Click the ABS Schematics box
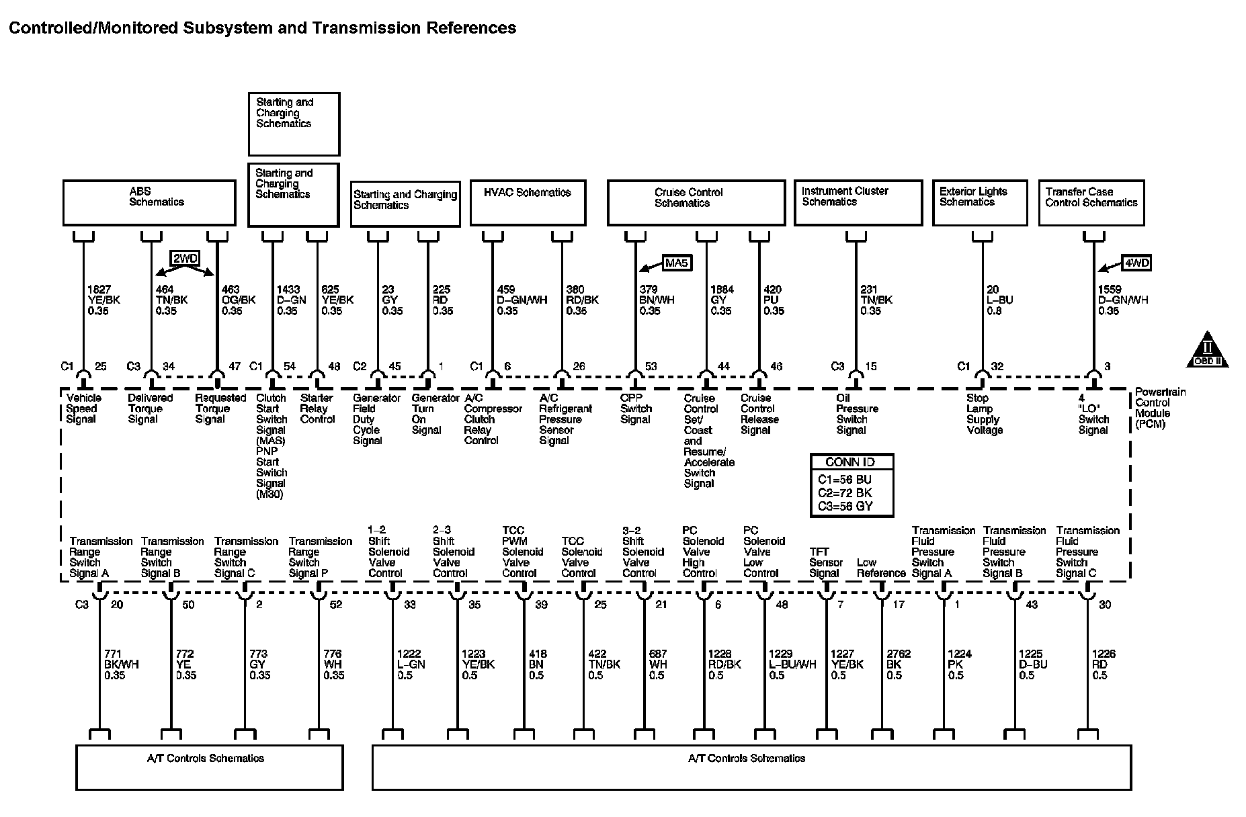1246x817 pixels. coord(149,202)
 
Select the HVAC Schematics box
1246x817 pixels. coord(528,202)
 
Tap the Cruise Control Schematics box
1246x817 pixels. coord(696,202)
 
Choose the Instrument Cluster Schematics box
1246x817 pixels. coord(858,202)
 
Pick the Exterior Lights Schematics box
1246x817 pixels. coord(979,202)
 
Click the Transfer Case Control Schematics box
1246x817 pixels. coord(1091,202)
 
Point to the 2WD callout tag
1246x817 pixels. coord(185,259)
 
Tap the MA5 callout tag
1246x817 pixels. coord(677,263)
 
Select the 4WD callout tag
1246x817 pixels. coord(1136,263)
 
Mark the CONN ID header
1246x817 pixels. coord(852,462)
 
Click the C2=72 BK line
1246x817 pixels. coord(845,492)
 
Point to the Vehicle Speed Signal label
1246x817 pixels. coord(81,408)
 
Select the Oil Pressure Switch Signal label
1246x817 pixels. coord(856,414)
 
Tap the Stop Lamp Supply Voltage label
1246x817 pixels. coord(984,414)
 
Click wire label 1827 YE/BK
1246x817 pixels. coord(103,300)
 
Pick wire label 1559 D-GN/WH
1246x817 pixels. coord(1122,300)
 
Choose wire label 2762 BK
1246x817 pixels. coord(898,664)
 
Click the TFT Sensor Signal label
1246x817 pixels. coord(825,562)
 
